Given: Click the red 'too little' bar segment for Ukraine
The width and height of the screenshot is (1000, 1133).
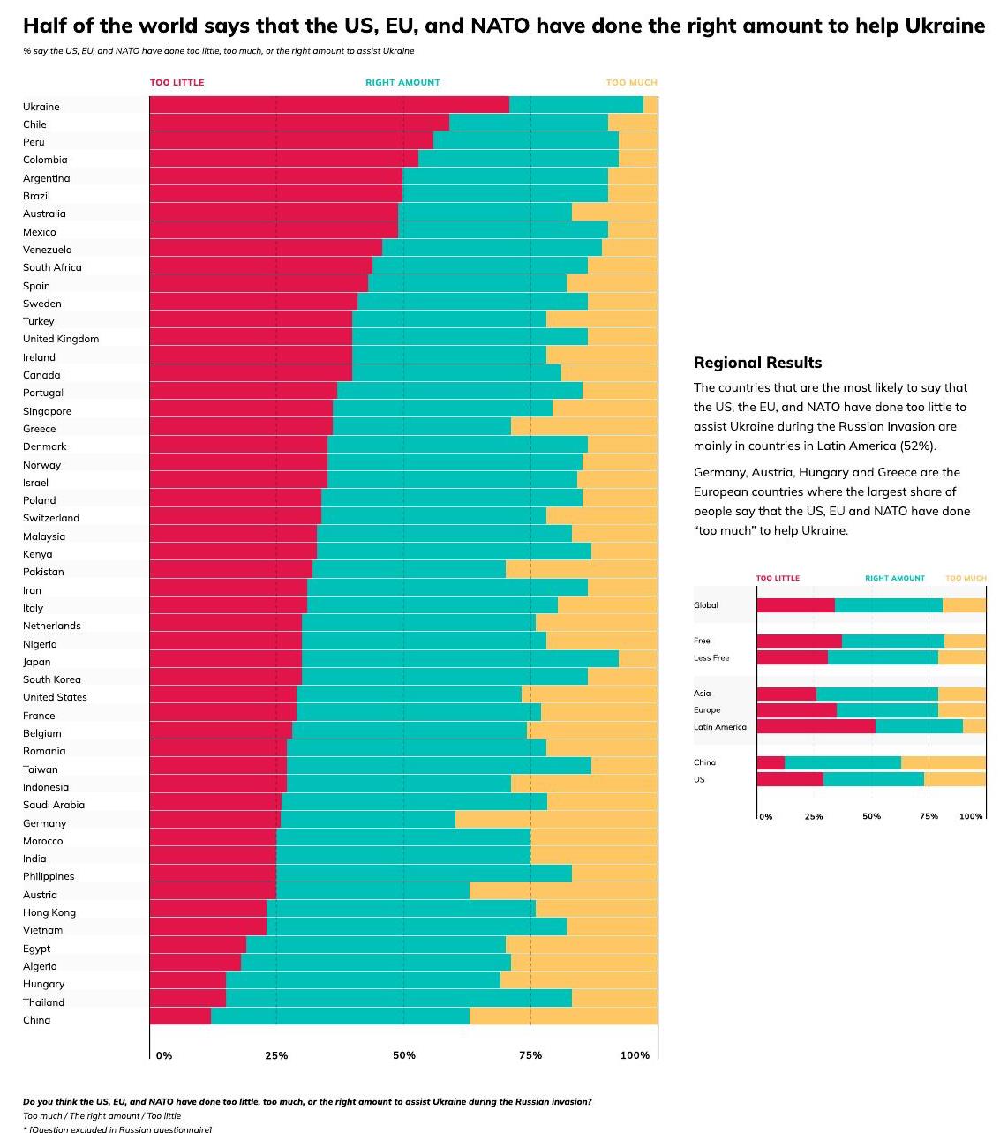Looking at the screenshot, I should [x=328, y=105].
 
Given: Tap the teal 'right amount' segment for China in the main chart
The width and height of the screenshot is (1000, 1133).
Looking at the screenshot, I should [x=340, y=1017].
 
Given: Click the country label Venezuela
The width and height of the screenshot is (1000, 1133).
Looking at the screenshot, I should [x=48, y=250].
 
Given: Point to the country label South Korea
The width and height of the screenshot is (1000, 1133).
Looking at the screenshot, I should [x=52, y=679].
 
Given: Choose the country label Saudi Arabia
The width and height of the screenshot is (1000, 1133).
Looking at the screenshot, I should [x=54, y=805].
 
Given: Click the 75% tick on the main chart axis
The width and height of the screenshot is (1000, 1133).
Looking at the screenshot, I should [x=530, y=1055].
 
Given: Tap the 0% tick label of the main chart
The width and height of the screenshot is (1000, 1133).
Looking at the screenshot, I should [x=164, y=1055].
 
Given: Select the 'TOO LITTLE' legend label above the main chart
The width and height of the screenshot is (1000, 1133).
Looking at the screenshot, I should [x=177, y=82].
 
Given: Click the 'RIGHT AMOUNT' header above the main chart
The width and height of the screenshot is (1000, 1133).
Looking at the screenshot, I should [x=402, y=82].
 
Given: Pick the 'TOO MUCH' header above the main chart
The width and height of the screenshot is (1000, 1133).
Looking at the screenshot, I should [x=631, y=82].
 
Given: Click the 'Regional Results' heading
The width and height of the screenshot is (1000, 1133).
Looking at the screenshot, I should [x=757, y=363].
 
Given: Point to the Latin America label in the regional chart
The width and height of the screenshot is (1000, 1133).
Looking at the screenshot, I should [x=719, y=727].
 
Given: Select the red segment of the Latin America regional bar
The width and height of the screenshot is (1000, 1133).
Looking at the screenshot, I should [x=816, y=726].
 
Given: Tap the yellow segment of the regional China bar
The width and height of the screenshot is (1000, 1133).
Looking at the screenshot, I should [x=943, y=762].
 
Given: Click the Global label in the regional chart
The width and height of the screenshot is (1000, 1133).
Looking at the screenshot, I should [x=706, y=605].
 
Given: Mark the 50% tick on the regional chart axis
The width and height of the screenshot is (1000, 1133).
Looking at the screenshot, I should [x=871, y=816].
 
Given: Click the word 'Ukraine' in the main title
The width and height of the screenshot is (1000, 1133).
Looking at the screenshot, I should [x=944, y=26].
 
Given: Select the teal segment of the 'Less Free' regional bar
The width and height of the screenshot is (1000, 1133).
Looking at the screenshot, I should [x=883, y=657].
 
